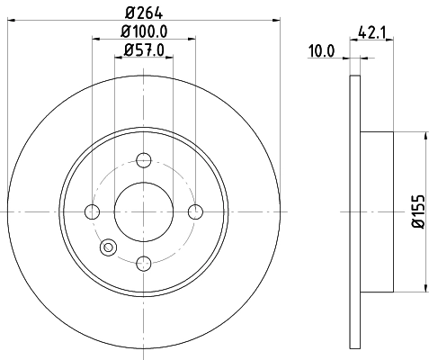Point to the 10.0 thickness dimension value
[x=321, y=50]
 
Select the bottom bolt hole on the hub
[x=143, y=263]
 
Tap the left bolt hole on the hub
[x=91, y=211]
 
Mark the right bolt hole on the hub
[x=195, y=211]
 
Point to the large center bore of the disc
[x=143, y=211]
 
